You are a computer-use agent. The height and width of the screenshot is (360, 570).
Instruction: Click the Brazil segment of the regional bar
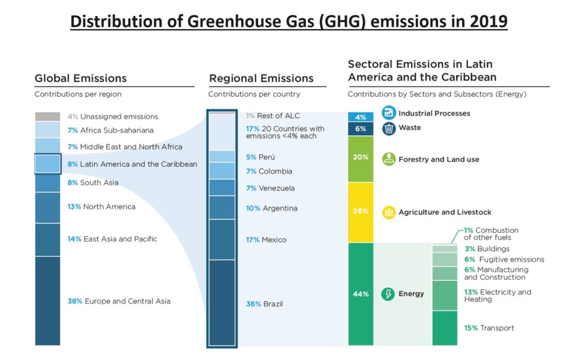(222, 302)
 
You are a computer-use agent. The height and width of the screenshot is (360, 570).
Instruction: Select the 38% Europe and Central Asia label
(119, 301)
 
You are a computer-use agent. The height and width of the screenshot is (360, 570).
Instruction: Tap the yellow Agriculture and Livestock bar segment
(361, 212)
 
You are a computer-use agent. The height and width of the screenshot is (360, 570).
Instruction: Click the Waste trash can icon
(389, 128)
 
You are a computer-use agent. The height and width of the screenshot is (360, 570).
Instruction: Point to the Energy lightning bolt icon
(388, 294)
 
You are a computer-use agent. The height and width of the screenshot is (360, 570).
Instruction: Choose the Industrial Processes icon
(389, 113)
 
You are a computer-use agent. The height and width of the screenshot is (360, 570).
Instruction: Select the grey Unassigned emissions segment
(48, 117)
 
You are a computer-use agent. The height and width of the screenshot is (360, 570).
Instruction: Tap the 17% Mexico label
(266, 240)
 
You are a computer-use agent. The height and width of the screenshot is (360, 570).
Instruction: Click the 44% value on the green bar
(361, 294)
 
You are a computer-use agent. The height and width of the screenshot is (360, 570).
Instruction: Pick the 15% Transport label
(489, 328)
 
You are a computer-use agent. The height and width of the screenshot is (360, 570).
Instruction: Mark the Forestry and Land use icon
(389, 159)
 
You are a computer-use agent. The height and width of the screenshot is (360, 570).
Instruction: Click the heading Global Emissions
(81, 78)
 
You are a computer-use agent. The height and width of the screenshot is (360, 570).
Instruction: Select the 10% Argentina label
(272, 208)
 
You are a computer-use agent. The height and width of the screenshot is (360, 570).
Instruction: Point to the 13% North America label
(101, 206)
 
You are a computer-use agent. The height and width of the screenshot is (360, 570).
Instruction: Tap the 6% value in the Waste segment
(361, 129)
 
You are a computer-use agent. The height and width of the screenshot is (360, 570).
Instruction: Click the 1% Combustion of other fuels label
(491, 234)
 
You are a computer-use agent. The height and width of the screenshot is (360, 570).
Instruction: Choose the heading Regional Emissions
(261, 78)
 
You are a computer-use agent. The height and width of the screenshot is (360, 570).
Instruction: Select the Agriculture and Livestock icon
(389, 212)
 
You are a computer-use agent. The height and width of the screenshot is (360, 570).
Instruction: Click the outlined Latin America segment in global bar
(48, 164)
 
